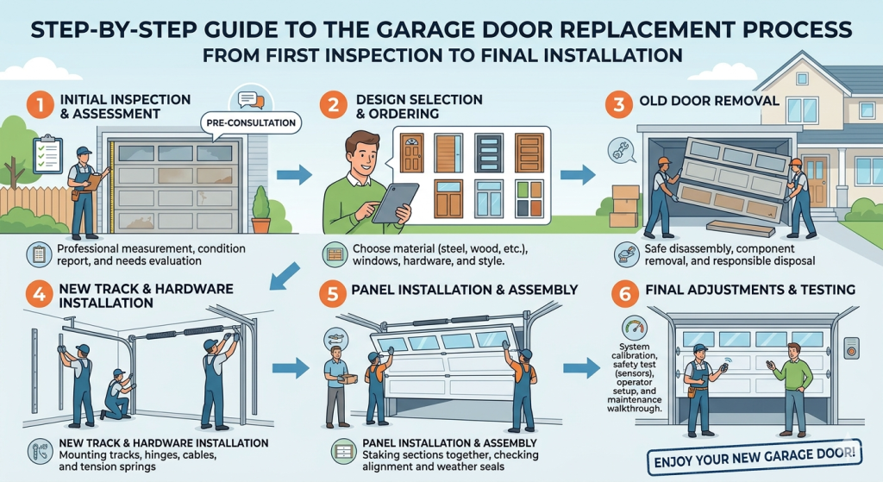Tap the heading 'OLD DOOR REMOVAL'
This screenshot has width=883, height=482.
click(x=710, y=101)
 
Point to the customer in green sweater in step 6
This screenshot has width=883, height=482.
click(x=792, y=385)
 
